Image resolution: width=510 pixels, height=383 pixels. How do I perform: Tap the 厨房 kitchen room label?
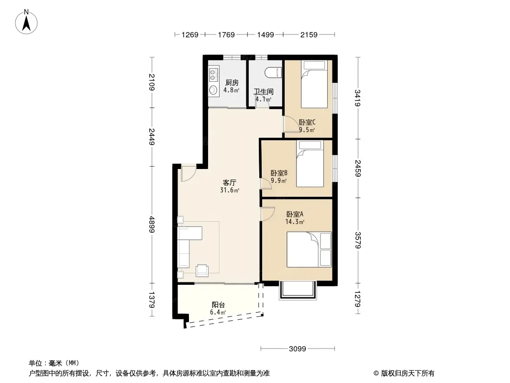tap(232, 83)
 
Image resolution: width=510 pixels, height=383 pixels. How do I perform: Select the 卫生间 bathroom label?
tap(264, 92)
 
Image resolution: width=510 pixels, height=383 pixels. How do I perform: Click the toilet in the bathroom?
tap(273, 72)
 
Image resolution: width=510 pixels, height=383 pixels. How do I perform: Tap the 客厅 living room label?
tap(229, 183)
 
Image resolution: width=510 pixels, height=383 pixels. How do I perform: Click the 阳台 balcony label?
tap(218, 305)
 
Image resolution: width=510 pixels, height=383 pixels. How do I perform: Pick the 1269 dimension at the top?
tap(190, 34)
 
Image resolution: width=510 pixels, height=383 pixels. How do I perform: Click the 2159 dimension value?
tap(309, 34)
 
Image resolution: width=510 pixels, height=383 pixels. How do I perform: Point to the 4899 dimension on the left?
tap(152, 225)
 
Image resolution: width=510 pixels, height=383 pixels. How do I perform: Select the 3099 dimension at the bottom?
tap(297, 349)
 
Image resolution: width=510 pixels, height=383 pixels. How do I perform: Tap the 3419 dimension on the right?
tap(358, 98)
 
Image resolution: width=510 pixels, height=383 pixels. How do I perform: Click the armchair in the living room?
tap(202, 270)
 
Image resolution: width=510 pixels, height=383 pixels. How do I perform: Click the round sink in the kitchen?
tap(213, 90)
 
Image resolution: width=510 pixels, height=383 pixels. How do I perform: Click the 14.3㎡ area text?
tap(295, 222)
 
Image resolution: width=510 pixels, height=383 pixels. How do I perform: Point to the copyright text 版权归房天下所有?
tap(408, 373)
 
